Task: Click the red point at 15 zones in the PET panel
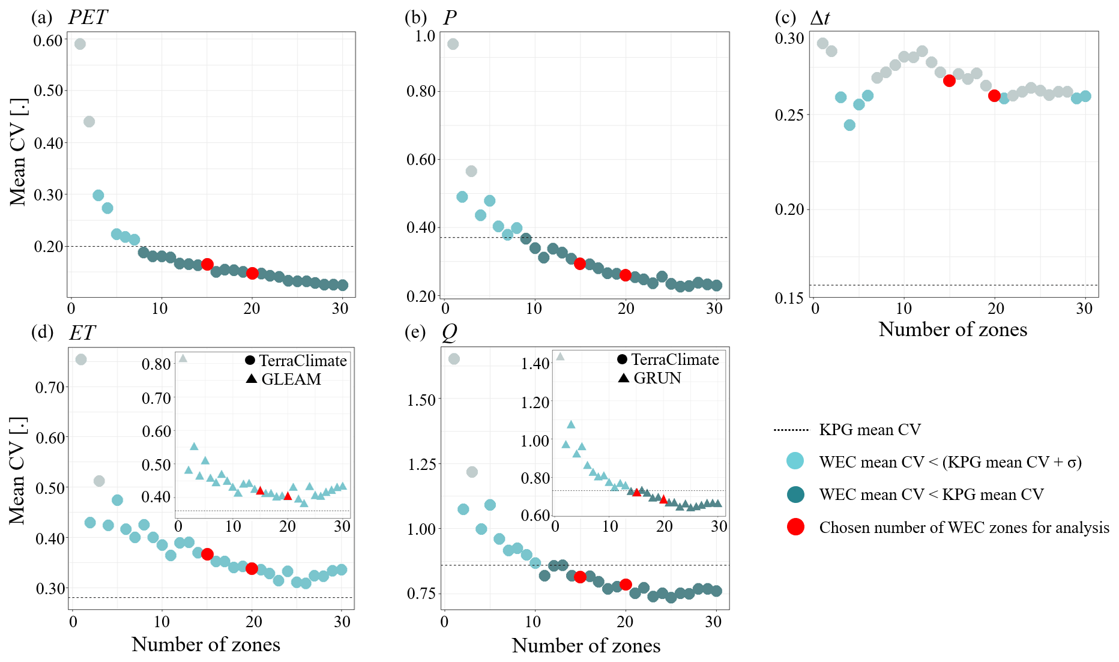pyautogui.click(x=207, y=264)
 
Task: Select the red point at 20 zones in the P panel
pyautogui.click(x=626, y=275)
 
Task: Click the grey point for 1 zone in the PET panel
pyautogui.click(x=80, y=44)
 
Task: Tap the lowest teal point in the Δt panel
pyautogui.click(x=849, y=125)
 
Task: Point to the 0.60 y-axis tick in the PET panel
pyautogui.click(x=48, y=41)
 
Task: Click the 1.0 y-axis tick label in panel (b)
pyautogui.click(x=425, y=36)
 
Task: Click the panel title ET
pyautogui.click(x=82, y=333)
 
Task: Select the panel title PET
pyautogui.click(x=88, y=17)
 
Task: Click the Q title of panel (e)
pyautogui.click(x=449, y=333)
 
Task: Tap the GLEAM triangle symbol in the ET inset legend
pyautogui.click(x=252, y=379)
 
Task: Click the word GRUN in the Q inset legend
pyautogui.click(x=657, y=378)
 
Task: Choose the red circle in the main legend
pyautogui.click(x=795, y=527)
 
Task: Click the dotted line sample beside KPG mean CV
pyautogui.click(x=791, y=430)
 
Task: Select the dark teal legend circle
pyautogui.click(x=795, y=495)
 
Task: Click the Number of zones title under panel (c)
pyautogui.click(x=953, y=329)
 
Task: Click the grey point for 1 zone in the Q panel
pyautogui.click(x=454, y=359)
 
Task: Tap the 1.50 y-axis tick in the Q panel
pyautogui.click(x=421, y=400)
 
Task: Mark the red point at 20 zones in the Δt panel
pyautogui.click(x=994, y=95)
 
